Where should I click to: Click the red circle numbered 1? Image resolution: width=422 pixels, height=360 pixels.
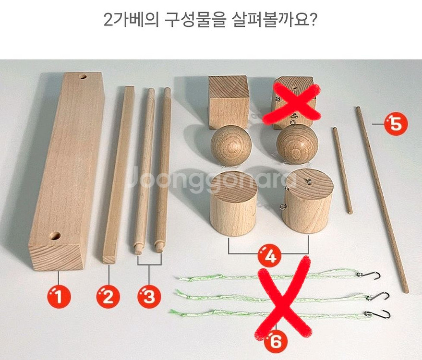[x=58, y=297]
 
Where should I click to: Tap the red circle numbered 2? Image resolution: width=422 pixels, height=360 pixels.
[x=108, y=297]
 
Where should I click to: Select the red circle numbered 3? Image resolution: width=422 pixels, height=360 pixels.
[x=149, y=297]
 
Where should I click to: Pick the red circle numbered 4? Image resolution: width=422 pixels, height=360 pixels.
[x=270, y=255]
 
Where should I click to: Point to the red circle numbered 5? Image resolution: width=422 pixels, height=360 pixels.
[x=395, y=123]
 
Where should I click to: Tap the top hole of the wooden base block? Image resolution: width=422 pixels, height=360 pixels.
[x=83, y=76]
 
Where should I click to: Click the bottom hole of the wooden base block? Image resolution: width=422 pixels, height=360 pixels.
[x=54, y=236]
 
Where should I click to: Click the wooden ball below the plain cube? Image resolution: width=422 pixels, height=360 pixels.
[x=231, y=145]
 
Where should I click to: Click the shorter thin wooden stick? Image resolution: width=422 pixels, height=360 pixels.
[x=342, y=170]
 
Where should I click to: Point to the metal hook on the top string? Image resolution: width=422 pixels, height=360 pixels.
[x=372, y=275]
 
